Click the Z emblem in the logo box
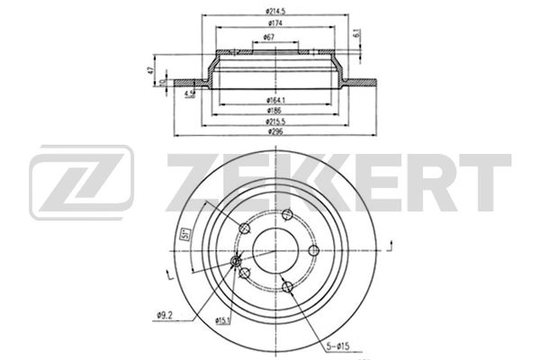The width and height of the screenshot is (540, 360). pos(81,184)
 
